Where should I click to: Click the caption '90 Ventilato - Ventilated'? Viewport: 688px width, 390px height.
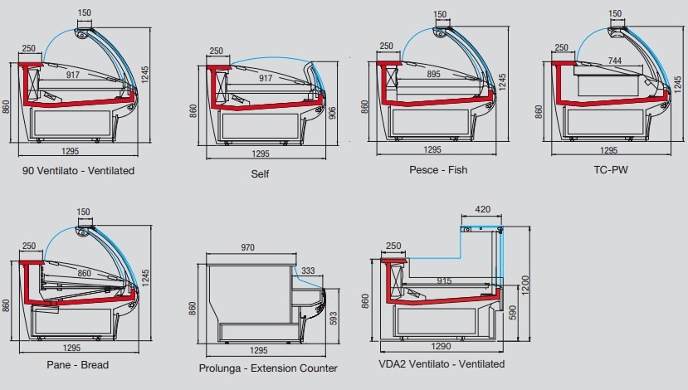(80, 170)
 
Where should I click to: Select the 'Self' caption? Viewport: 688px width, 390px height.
(260, 174)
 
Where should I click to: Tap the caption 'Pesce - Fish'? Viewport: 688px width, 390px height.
(438, 170)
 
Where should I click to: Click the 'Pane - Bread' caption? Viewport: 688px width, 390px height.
(78, 364)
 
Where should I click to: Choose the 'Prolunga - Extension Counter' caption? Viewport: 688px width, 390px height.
(268, 368)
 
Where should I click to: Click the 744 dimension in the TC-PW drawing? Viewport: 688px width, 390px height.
(614, 61)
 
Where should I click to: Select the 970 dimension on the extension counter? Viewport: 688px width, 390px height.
(246, 248)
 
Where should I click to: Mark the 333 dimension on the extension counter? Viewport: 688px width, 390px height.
(308, 271)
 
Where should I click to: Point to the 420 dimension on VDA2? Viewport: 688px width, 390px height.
(482, 209)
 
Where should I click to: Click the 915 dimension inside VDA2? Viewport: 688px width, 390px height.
(444, 280)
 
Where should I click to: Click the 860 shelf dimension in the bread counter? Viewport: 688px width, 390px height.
(85, 273)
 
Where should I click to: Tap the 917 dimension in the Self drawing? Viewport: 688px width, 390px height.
(266, 79)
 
